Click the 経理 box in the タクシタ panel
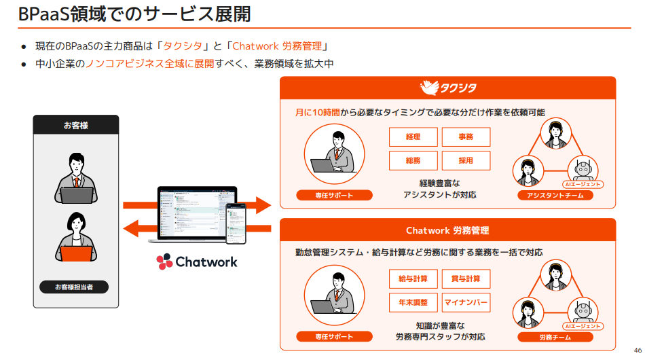pyautogui.click(x=413, y=137)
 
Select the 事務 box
pyautogui.click(x=466, y=137)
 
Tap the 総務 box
pyautogui.click(x=413, y=160)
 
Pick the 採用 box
pyautogui.click(x=466, y=160)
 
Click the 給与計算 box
pyautogui.click(x=413, y=279)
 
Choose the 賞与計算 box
pyautogui.click(x=466, y=279)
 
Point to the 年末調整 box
pyautogui.click(x=413, y=302)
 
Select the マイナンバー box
pyautogui.click(x=466, y=302)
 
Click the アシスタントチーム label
pyautogui.click(x=555, y=196)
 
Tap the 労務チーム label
pyautogui.click(x=555, y=337)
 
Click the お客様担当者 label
pyautogui.click(x=74, y=287)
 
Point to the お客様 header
pyautogui.click(x=75, y=125)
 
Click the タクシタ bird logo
pyautogui.click(x=430, y=88)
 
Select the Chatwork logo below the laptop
pyautogui.click(x=197, y=262)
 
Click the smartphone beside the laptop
pyautogui.click(x=236, y=223)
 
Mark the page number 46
pyautogui.click(x=637, y=350)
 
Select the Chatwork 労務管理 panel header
pyautogui.click(x=447, y=231)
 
